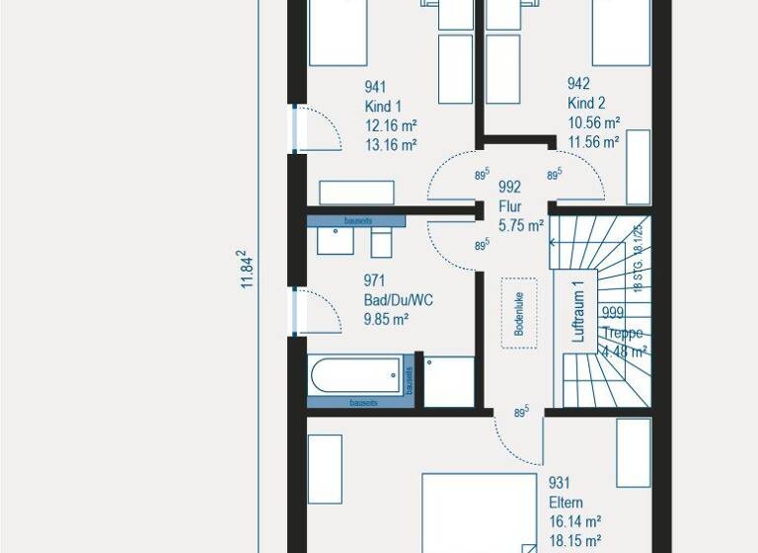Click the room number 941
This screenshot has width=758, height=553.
pos(375,87)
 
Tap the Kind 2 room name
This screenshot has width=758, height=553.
pos(586,104)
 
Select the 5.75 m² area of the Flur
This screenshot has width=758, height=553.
pos(521,226)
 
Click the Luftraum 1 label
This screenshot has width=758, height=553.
pos(579,310)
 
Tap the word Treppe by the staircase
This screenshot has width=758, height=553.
pos(623,333)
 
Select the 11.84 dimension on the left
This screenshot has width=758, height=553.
pos(248,270)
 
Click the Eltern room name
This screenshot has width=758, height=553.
pos(566,502)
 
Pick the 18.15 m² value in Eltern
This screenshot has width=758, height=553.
pos(574,541)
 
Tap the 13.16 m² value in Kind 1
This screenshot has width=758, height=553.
pos(391,144)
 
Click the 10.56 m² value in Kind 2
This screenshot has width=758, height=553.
pos(593,123)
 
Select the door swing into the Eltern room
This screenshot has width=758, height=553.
pos(517,432)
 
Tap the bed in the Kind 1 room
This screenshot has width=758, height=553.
pos(338,32)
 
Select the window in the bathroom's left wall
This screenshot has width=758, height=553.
pos(293,311)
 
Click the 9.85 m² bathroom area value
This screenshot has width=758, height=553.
pos(387,319)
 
